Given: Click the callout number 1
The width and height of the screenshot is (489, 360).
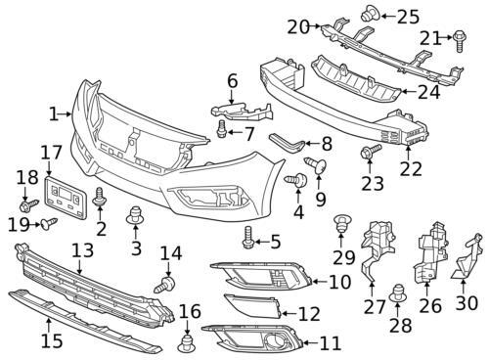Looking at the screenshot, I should click(53, 114).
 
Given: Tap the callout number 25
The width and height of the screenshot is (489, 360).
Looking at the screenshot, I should click(408, 16).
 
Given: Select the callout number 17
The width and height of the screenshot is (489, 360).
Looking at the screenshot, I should click(51, 153).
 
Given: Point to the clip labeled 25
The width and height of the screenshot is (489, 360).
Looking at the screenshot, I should click(374, 15).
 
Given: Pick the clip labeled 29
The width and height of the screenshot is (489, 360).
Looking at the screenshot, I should click(341, 221).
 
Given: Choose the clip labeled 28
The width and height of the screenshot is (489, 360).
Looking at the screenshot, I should click(398, 291).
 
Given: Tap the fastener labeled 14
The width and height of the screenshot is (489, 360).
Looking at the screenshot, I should click(166, 285).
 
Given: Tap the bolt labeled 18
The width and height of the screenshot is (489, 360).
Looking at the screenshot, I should click(27, 206).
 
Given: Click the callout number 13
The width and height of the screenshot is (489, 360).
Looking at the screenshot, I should click(82, 250).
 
